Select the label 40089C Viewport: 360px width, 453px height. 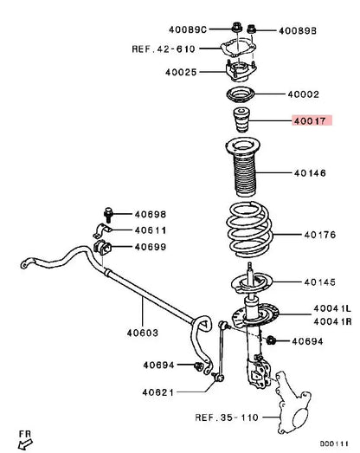(188, 29)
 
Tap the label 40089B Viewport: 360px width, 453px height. (298, 31)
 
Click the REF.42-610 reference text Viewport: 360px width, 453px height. (164, 49)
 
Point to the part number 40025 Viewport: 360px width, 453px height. (181, 72)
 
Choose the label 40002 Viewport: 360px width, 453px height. (304, 94)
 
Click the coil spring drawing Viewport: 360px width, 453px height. (249, 230)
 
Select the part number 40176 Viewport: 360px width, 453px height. (320, 235)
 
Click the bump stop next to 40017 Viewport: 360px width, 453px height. (241, 120)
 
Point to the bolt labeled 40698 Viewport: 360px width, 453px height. (107, 215)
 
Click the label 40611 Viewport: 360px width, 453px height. (151, 230)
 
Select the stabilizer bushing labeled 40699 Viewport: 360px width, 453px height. (102, 248)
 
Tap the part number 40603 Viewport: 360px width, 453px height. (143, 333)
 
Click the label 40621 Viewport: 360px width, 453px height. (158, 392)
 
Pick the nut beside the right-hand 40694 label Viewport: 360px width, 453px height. (271, 340)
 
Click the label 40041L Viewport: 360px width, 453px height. (332, 308)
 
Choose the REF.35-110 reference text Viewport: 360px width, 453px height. (227, 417)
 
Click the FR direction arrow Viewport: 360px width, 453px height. (25, 443)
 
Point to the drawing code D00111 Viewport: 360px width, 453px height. (334, 443)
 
